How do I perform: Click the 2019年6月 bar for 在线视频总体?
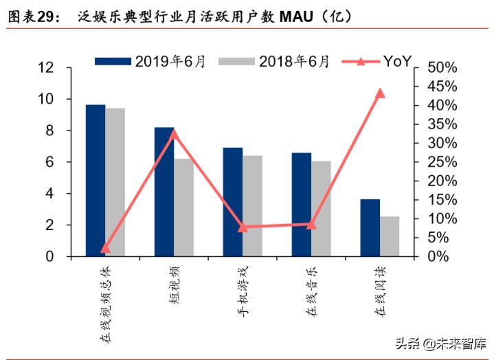pos(95,181)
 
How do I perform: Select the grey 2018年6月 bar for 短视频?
pos(183,207)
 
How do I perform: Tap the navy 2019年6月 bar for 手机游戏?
pos(232,202)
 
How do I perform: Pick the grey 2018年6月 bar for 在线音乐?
pos(321,209)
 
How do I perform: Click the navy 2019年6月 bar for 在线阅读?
pos(370,228)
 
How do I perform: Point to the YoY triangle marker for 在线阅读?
pos(380,93)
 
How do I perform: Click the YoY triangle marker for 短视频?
pos(174,133)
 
